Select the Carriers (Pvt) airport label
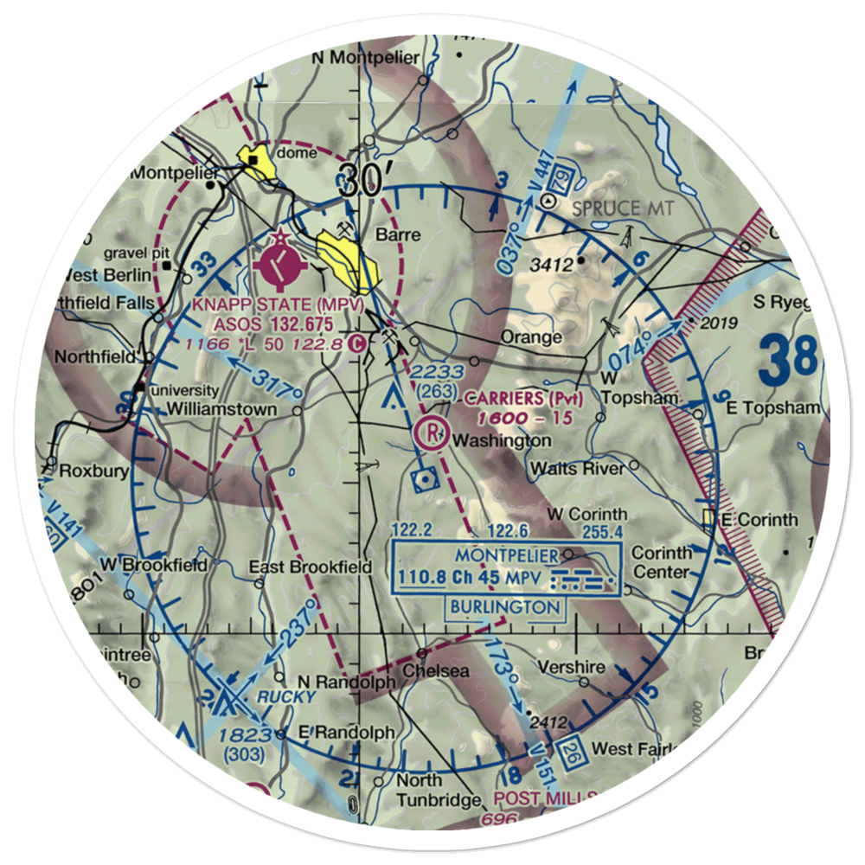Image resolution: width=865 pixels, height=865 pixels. [524, 399]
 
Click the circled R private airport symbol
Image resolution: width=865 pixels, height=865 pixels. [430, 432]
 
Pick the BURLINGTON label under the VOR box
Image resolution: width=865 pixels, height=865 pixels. [505, 607]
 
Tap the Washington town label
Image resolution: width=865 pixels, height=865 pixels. [501, 440]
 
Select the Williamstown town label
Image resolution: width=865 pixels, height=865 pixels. [222, 408]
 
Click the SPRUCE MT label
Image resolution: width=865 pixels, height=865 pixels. [622, 208]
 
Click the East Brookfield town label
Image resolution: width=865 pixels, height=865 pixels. [310, 567]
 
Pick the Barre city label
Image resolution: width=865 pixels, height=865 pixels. [399, 235]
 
